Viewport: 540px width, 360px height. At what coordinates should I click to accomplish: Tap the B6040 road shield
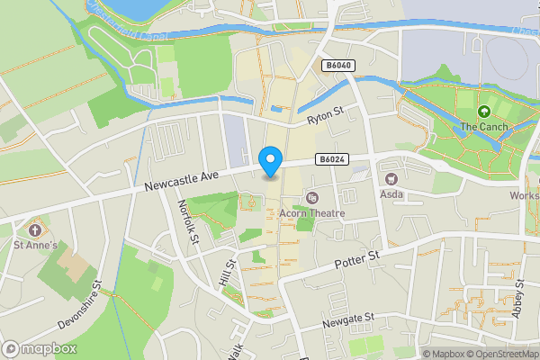click(337, 66)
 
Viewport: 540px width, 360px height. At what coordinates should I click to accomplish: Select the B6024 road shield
click(330, 159)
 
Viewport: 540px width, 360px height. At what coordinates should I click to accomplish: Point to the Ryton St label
click(326, 116)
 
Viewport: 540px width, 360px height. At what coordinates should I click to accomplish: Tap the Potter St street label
click(358, 261)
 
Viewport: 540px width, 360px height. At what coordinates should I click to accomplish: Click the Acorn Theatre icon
click(312, 197)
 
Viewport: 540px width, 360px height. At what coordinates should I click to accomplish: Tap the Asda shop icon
click(391, 178)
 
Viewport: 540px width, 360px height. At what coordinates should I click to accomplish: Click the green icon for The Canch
click(484, 112)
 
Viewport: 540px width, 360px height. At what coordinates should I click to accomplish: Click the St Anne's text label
click(35, 244)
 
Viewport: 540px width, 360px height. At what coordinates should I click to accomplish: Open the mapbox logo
click(40, 348)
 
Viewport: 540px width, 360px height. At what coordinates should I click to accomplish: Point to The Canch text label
click(484, 128)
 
